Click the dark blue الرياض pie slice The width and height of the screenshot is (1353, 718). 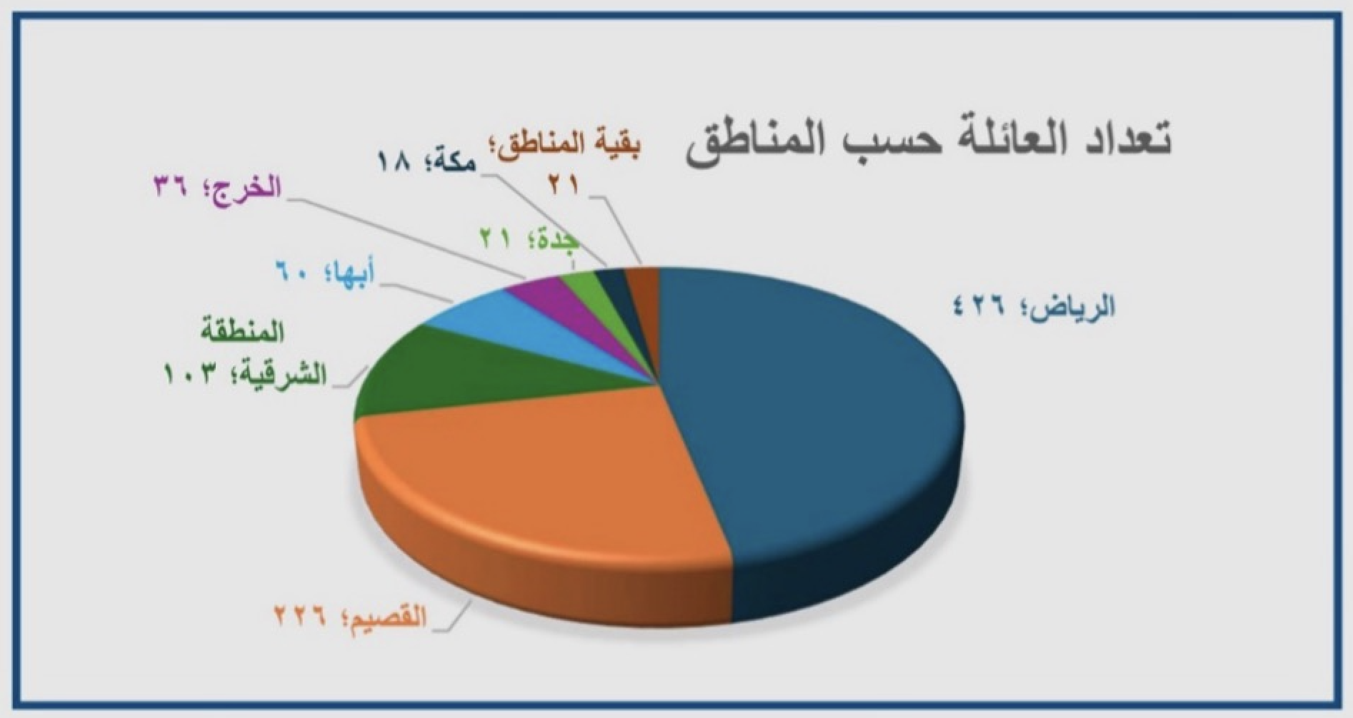(x=807, y=400)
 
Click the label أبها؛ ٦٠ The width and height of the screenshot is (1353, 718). (x=326, y=272)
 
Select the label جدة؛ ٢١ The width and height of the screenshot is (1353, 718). (x=529, y=241)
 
